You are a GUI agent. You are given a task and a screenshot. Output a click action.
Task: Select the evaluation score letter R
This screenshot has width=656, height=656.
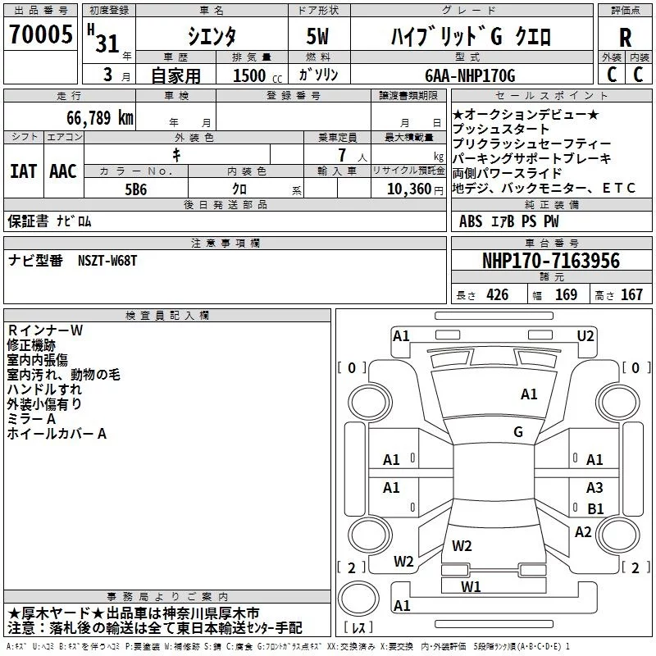625,38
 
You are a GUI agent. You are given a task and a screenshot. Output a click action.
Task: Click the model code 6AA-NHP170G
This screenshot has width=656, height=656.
470,76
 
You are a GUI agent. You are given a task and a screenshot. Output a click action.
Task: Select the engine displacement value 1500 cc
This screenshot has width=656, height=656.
251,76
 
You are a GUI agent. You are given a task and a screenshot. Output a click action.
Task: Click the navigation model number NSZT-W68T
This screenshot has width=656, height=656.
107,261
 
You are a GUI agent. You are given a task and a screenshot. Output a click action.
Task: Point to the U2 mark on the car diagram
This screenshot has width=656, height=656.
585,335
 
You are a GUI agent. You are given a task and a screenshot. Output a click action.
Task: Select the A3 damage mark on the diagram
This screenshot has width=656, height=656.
594,488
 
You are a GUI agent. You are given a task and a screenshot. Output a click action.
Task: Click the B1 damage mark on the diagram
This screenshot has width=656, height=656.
595,509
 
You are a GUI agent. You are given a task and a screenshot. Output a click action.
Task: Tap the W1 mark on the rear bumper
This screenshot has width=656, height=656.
470,586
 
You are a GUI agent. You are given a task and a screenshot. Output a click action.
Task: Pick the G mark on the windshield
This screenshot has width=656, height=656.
518,432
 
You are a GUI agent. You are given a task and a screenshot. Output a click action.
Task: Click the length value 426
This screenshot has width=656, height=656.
495,295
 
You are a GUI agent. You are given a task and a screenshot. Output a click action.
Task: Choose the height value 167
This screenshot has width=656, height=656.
631,295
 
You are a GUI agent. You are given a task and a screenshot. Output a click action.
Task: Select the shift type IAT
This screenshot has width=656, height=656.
22,171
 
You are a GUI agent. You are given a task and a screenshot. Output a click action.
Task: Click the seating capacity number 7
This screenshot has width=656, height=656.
339,155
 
